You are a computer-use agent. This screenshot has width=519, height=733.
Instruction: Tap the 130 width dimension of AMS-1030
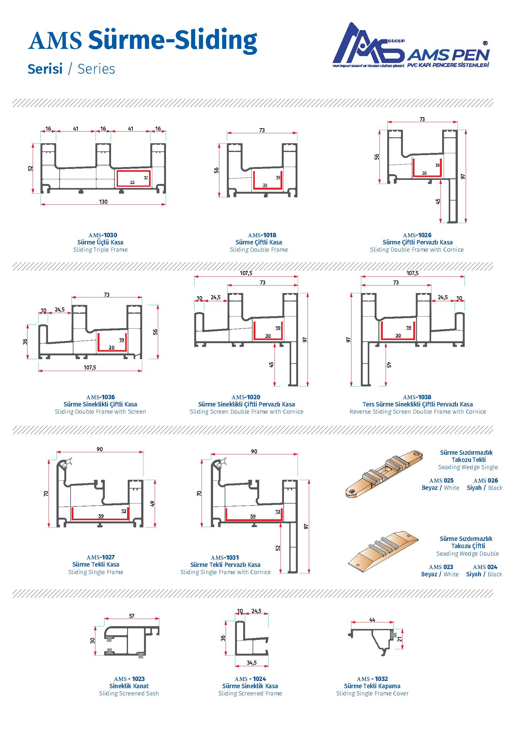(x=103, y=202)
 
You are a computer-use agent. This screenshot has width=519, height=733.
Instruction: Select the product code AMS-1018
(x=262, y=235)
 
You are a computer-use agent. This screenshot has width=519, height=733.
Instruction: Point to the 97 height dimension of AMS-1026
(x=463, y=176)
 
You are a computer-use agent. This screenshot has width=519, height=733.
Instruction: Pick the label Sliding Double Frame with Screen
(x=100, y=411)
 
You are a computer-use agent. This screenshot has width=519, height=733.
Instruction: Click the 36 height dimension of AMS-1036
(x=25, y=342)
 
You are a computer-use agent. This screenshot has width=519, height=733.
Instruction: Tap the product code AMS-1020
(x=246, y=397)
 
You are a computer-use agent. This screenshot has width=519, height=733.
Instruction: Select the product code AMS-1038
(x=417, y=397)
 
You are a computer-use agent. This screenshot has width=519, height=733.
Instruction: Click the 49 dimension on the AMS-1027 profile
(x=152, y=504)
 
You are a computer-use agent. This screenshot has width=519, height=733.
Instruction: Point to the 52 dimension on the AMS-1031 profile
(x=278, y=548)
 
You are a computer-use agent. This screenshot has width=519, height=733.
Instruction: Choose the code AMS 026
(x=485, y=480)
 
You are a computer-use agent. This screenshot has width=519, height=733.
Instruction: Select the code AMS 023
(x=441, y=567)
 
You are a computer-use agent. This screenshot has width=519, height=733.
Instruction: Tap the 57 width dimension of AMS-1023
(x=132, y=616)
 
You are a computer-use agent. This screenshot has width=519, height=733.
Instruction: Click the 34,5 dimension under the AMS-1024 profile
(x=252, y=663)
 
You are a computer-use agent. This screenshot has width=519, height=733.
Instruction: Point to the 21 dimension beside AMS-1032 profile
(x=399, y=639)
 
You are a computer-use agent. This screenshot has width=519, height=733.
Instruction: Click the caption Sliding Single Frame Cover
(x=372, y=693)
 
